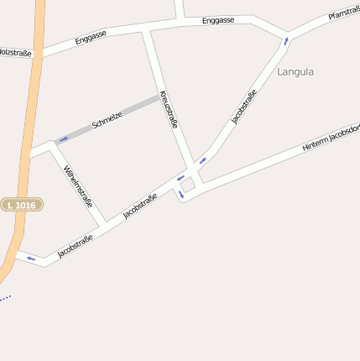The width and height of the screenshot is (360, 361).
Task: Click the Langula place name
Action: [295, 72]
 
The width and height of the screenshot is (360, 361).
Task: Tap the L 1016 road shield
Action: [22, 205]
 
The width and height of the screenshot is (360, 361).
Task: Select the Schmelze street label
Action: [107, 119]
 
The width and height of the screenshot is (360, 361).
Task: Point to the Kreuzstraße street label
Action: [169, 109]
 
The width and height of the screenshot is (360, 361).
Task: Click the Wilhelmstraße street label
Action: [78, 186]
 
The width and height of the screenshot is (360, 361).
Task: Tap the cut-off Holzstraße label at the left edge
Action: [15, 53]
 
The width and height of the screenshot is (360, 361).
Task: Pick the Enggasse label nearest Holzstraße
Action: [91, 39]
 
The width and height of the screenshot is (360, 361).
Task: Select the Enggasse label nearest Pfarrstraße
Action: [218, 20]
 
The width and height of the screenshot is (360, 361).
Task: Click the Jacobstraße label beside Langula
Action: [244, 107]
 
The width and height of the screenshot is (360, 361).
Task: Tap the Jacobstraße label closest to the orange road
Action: [76, 245]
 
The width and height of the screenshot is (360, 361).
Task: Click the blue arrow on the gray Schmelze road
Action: [64, 139]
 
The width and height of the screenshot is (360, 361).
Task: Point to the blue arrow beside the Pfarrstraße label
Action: [286, 39]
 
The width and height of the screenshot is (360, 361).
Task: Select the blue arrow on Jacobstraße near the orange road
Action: [31, 259]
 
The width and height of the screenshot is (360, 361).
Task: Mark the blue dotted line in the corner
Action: [5, 297]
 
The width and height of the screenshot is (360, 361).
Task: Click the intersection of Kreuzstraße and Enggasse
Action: [146, 31]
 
